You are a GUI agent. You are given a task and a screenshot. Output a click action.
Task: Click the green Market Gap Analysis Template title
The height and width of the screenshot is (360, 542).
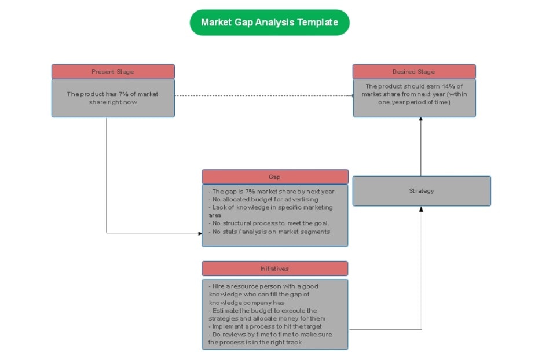click(269, 23)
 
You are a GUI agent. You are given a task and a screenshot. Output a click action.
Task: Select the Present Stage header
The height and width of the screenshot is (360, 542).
click(113, 72)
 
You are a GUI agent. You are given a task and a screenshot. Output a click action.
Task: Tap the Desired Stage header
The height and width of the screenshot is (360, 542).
click(413, 72)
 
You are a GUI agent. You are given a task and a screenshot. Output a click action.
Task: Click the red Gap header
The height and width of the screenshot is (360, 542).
click(274, 177)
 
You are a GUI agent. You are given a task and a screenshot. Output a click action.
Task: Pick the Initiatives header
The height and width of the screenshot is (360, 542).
click(274, 269)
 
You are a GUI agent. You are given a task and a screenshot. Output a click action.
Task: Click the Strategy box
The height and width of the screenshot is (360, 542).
click(421, 191)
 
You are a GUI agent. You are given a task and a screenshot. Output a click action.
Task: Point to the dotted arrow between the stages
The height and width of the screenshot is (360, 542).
click(263, 95)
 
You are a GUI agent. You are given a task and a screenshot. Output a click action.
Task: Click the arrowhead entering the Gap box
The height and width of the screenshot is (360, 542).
click(199, 233)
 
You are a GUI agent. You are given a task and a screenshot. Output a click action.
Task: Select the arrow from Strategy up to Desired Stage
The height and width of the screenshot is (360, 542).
click(421, 148)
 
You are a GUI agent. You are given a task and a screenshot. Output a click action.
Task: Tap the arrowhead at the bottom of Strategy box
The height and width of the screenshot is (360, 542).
click(421, 209)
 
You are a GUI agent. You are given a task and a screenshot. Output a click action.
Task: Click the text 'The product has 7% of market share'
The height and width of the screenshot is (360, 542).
click(112, 98)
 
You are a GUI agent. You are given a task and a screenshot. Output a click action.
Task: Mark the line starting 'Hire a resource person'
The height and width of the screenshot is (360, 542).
click(263, 286)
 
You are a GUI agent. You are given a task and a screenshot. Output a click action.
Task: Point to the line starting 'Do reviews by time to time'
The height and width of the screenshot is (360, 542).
click(270, 335)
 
